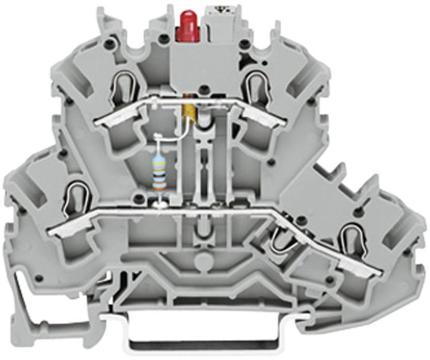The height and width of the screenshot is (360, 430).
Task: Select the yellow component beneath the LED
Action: [x=191, y=110]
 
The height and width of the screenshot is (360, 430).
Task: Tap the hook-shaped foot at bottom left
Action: [x=23, y=305]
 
